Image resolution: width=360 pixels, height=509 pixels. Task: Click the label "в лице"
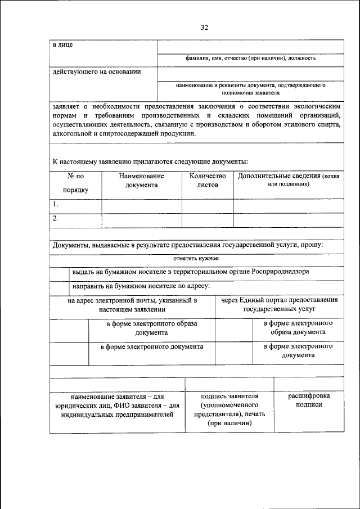coord(62,44)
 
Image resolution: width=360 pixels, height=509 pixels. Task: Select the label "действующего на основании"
coord(96,71)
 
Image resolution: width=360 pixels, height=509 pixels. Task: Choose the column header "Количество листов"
coord(207,180)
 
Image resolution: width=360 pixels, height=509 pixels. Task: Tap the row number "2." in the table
coord(56,218)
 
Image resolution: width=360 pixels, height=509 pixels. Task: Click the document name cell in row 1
coord(141,206)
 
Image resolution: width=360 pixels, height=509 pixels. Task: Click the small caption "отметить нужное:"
coord(196,259)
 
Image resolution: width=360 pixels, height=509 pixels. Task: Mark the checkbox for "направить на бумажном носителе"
coord(59,286)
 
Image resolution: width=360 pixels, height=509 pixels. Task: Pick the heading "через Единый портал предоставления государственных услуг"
coord(279,304)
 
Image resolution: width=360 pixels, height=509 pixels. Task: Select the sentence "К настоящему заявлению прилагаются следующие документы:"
coord(150,161)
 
